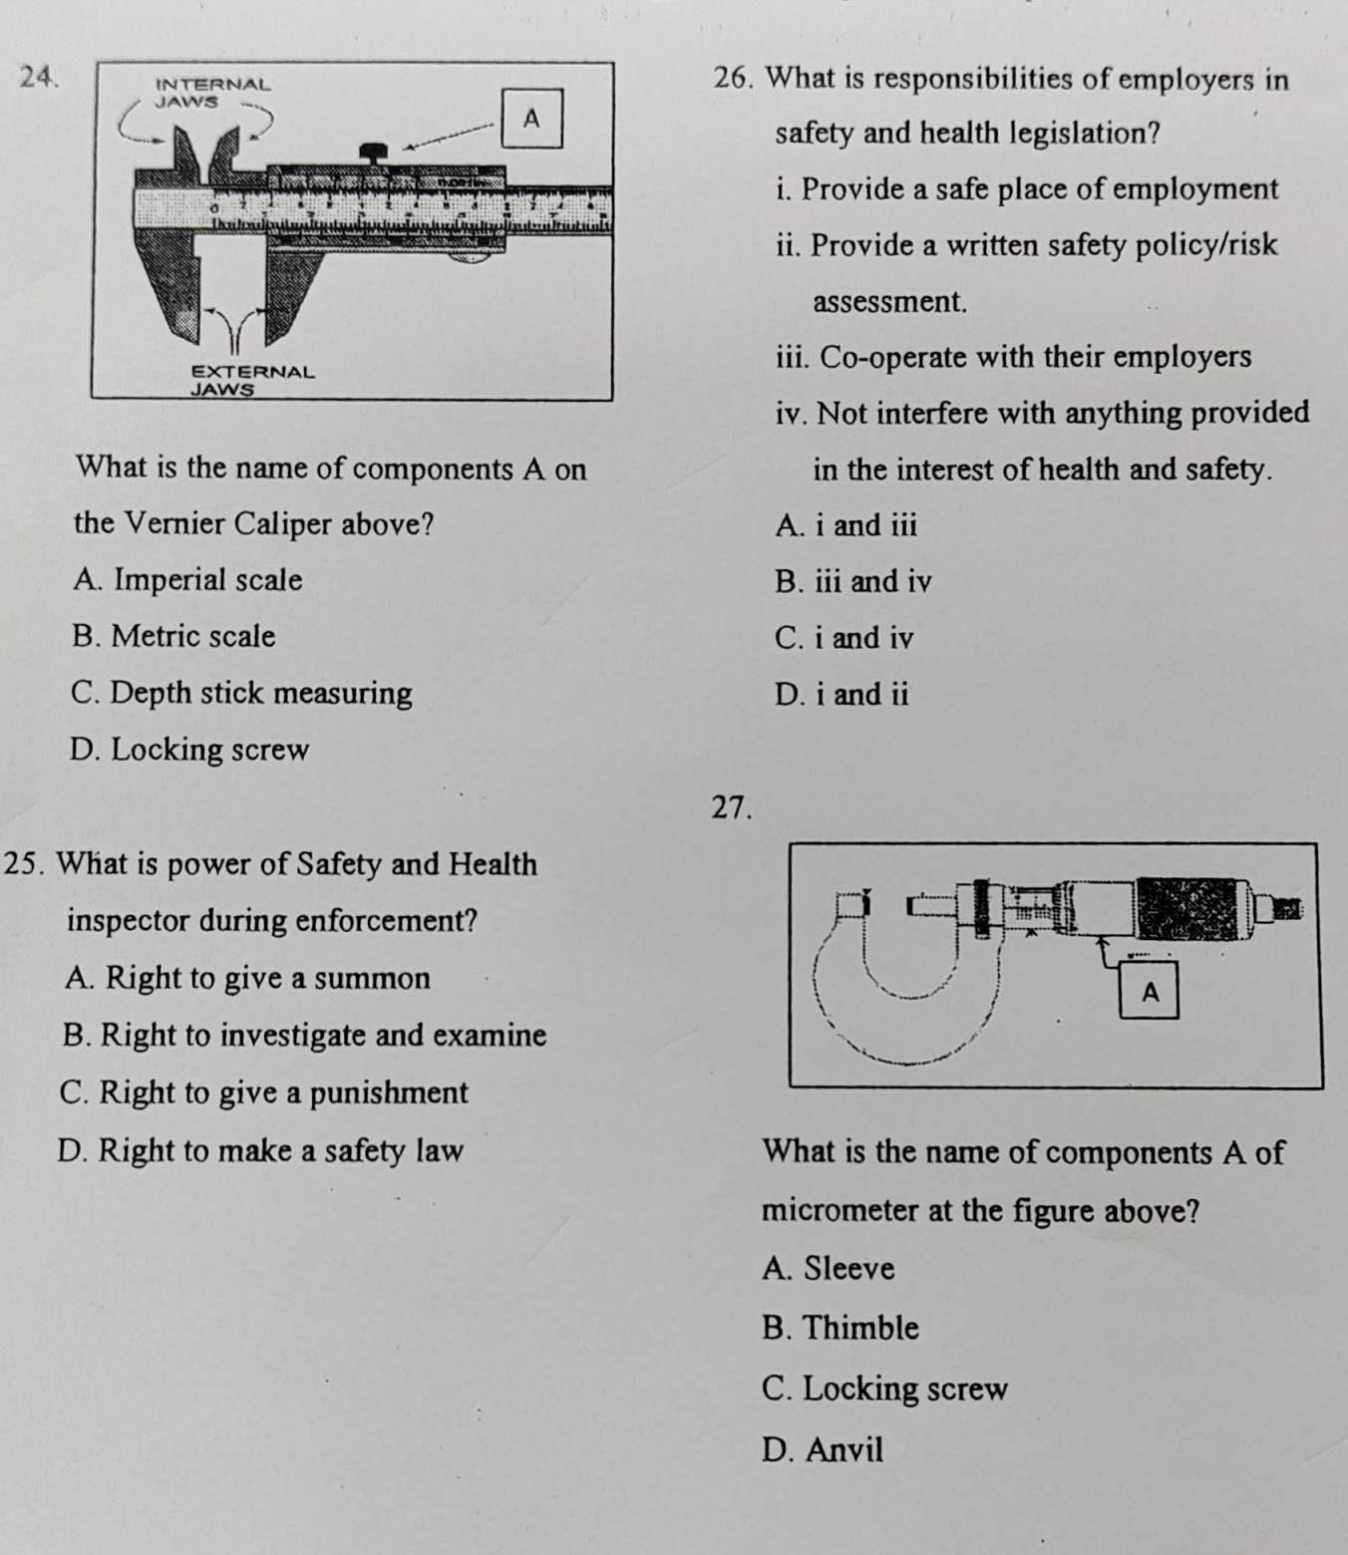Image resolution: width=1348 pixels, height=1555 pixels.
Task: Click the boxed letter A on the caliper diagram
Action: pyautogui.click(x=531, y=119)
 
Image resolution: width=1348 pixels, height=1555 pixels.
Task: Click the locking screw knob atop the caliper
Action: pyautogui.click(x=374, y=153)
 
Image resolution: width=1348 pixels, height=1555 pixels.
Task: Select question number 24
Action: pyautogui.click(x=36, y=76)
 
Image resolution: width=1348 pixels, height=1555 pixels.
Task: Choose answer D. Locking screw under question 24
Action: pyautogui.click(x=189, y=750)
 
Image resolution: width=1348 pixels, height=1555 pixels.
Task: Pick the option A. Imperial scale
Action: pyautogui.click(x=187, y=579)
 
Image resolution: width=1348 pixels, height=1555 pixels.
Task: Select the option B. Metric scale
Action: pyautogui.click(x=173, y=636)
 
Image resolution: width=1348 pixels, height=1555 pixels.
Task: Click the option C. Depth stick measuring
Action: pyautogui.click(x=241, y=693)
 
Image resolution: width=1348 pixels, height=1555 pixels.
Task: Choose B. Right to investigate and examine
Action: pyautogui.click(x=304, y=1035)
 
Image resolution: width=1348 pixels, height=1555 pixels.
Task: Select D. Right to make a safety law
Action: pyautogui.click(x=260, y=1151)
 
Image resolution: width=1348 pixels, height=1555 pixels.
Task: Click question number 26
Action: pyautogui.click(x=735, y=79)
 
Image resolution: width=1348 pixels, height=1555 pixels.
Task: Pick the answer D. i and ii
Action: pyautogui.click(x=841, y=695)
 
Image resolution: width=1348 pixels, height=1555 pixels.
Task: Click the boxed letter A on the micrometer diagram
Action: pyautogui.click(x=1150, y=993)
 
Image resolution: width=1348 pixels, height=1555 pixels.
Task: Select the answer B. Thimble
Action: pyautogui.click(x=840, y=1328)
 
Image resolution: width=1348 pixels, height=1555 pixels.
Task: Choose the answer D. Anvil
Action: pyautogui.click(x=822, y=1449)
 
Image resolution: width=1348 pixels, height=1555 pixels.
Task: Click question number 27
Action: pyautogui.click(x=732, y=807)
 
